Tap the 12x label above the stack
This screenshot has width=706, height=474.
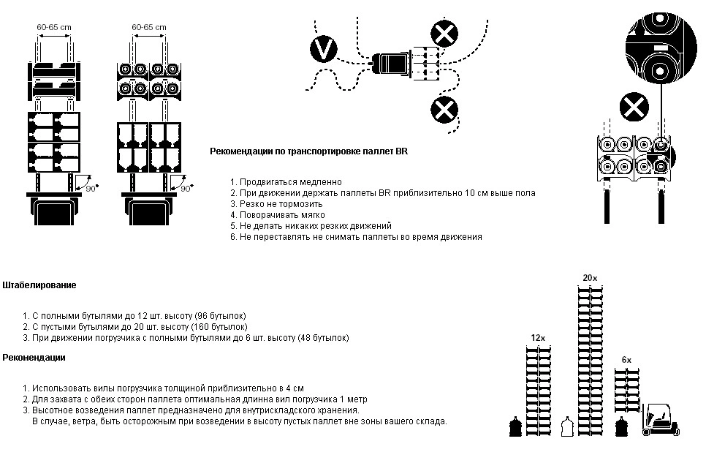point(538,337)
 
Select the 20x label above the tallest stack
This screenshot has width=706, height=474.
point(590,278)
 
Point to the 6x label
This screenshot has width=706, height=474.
point(626,360)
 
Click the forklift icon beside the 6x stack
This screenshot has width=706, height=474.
point(660,421)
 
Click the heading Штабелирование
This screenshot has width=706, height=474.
point(39,285)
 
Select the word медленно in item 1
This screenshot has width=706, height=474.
point(322,181)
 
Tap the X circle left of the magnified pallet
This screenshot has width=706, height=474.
point(634,108)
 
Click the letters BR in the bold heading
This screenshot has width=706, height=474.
point(401,151)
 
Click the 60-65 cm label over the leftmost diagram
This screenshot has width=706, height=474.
point(54,26)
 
